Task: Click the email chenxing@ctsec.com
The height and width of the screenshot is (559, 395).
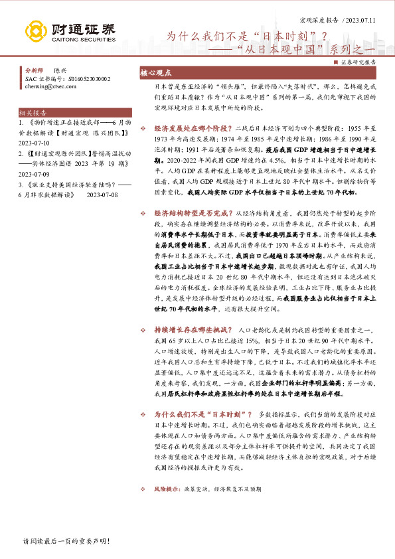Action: coord(49,86)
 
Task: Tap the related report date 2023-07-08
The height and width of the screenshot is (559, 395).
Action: coord(106,196)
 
